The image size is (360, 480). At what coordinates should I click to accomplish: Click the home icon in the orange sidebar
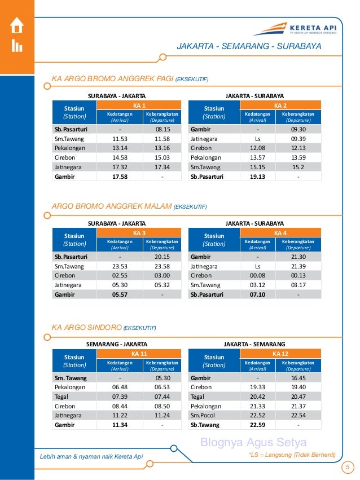(x=17, y=26)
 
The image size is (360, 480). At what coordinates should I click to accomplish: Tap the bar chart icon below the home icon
(x=17, y=46)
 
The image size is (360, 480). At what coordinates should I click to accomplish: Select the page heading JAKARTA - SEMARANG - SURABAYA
(x=249, y=46)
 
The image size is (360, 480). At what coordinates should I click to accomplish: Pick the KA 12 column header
(x=280, y=353)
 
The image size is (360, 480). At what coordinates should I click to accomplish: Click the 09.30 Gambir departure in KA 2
(x=298, y=129)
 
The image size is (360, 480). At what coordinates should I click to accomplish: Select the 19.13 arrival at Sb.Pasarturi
(x=257, y=177)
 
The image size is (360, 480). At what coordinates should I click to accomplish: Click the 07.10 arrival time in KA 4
(x=257, y=294)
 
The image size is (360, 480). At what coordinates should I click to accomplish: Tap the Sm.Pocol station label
(x=203, y=415)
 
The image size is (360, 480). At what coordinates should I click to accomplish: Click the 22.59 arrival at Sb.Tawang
(x=257, y=425)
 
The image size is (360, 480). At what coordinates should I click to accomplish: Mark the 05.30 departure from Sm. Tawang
(x=163, y=377)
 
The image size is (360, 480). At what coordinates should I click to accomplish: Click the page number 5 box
(x=348, y=466)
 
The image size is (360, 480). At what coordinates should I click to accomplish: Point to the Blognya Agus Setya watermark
(x=253, y=442)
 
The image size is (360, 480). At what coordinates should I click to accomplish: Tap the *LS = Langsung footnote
(x=292, y=455)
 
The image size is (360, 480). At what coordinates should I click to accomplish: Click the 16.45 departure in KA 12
(x=298, y=377)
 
